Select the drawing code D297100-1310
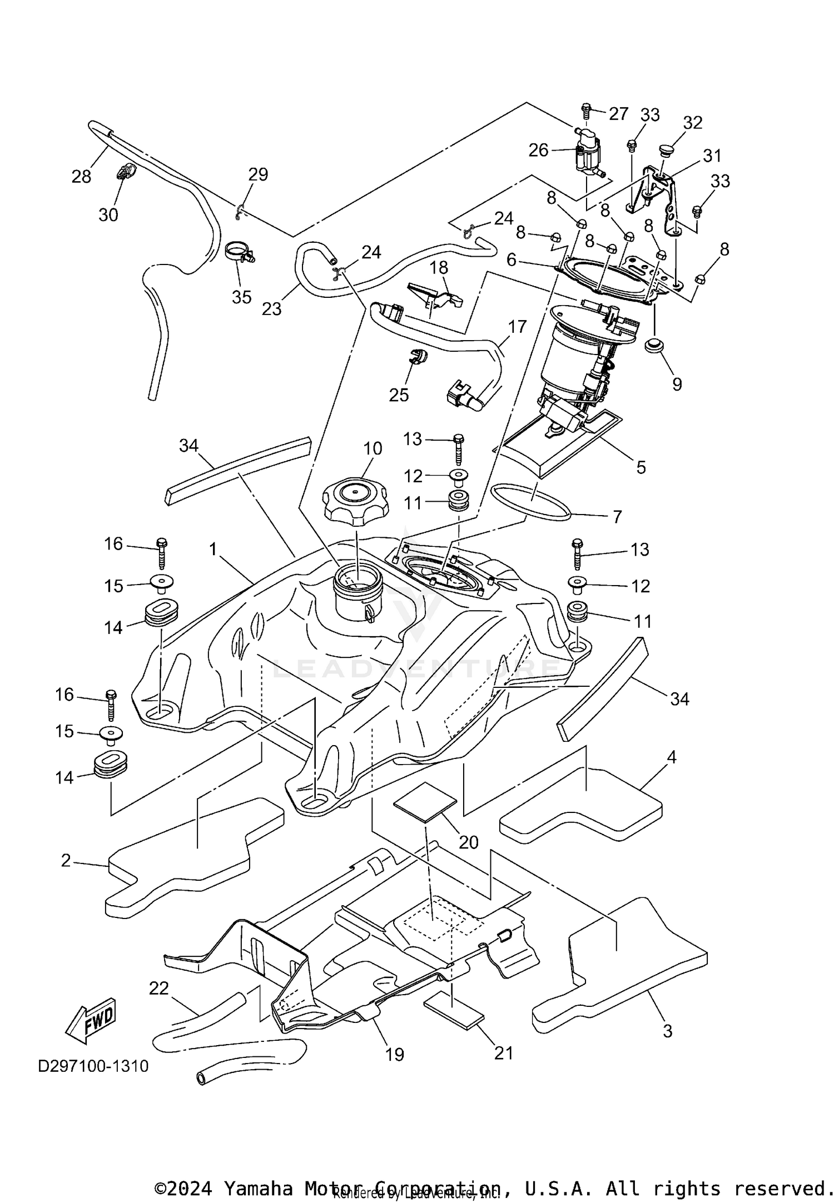(x=93, y=1066)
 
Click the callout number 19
(x=395, y=1054)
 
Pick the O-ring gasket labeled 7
(x=532, y=502)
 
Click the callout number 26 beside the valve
(x=538, y=150)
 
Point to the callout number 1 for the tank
(x=212, y=550)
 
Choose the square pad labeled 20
(x=425, y=802)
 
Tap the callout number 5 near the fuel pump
(x=641, y=467)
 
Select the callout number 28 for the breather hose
(x=81, y=177)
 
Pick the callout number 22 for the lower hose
(x=159, y=989)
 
